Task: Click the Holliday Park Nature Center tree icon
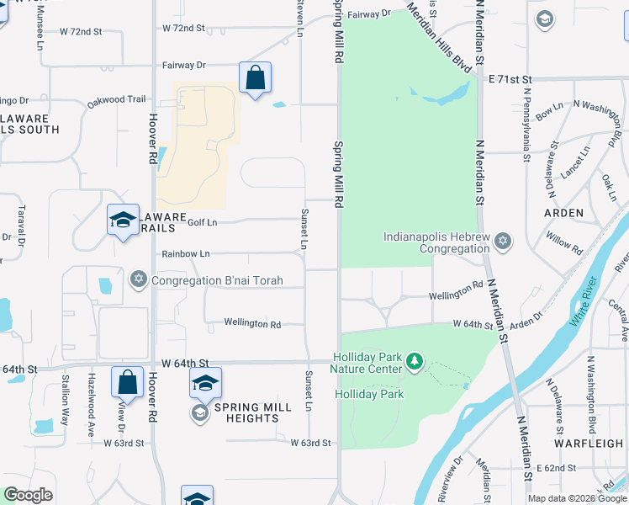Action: coord(414,362)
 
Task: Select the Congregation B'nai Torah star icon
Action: coord(137,279)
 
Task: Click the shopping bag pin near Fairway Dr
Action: coord(255,78)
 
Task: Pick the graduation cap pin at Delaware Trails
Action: coord(123,221)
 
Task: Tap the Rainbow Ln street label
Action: coord(187,253)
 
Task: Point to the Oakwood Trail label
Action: coord(116,100)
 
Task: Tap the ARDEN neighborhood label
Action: coord(563,213)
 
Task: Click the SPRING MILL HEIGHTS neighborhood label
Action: coord(252,412)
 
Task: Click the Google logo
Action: coord(27,495)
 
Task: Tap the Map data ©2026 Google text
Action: coord(577,498)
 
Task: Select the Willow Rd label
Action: coord(564,244)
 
